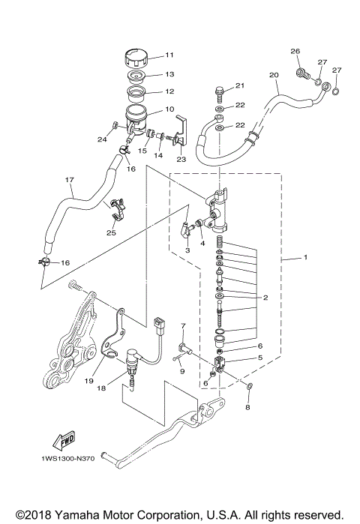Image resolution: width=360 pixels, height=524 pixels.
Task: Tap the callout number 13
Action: click(x=169, y=74)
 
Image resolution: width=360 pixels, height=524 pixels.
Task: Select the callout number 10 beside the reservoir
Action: click(x=169, y=109)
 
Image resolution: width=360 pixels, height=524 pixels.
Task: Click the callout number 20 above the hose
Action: click(x=273, y=75)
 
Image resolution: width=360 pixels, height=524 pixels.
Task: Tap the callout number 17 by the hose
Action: click(x=70, y=180)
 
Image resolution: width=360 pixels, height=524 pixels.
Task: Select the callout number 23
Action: click(x=181, y=160)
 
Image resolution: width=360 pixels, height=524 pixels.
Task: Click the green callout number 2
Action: click(x=264, y=298)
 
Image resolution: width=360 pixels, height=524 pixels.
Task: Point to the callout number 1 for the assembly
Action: click(x=305, y=258)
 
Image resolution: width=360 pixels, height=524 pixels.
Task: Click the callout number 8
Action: click(x=248, y=409)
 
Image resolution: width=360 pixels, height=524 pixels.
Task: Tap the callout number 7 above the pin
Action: click(x=182, y=326)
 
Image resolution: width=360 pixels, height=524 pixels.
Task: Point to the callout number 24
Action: click(x=103, y=138)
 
